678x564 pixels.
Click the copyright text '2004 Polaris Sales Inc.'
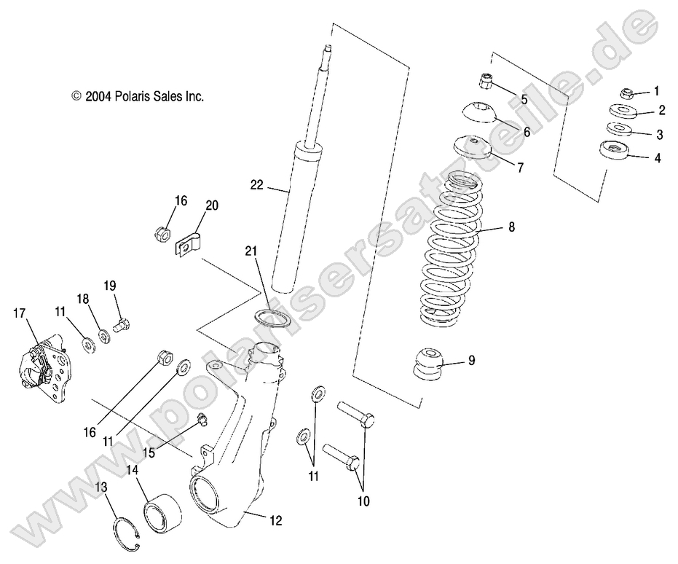(138, 96)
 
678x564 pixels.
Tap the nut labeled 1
(625, 93)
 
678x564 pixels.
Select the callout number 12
(275, 520)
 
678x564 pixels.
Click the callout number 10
(363, 501)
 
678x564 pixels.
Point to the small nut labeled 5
(486, 79)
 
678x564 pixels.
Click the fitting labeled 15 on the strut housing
(202, 418)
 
